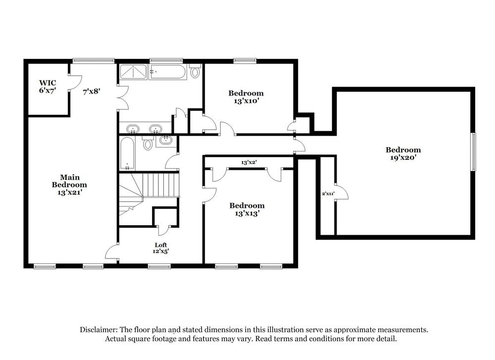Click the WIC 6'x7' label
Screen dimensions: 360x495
coord(48,87)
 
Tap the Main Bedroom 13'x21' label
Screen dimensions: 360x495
coord(69,185)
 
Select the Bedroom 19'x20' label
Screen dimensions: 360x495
coord(403,154)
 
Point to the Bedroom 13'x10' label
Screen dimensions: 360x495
coord(246,97)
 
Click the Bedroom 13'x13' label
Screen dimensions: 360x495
coord(247,209)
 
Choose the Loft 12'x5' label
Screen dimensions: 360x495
coord(161,248)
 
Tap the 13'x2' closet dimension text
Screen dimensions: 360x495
coord(249,162)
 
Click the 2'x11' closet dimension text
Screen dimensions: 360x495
coord(328,194)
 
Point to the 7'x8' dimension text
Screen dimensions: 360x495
coord(92,91)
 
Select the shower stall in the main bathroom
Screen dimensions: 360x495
coord(133,72)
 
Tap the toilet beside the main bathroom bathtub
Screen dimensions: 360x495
coord(195,72)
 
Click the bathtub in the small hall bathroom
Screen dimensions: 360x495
coord(127,154)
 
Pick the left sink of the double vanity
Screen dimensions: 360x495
coord(133,130)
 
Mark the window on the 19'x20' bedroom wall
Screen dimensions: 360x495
coord(473,152)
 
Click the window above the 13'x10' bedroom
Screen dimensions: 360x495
coord(245,61)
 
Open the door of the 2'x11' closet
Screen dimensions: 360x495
coord(342,193)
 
